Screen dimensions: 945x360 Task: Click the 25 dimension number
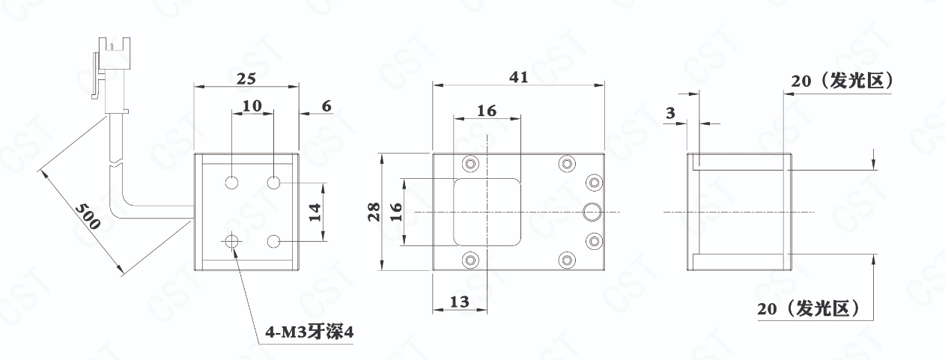[246, 79]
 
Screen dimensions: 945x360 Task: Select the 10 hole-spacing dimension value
[252, 106]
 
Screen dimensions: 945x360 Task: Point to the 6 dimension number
[326, 106]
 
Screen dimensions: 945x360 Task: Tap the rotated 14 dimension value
[315, 213]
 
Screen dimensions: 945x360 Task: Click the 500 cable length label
[88, 216]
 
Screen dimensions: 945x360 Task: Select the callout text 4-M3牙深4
[309, 332]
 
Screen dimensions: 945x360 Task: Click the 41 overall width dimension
[518, 77]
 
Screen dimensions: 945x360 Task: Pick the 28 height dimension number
[374, 212]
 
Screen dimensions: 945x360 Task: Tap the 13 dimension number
[460, 302]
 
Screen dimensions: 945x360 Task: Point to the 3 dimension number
[670, 113]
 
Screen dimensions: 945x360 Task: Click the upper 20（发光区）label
[842, 81]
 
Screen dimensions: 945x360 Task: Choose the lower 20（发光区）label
[808, 309]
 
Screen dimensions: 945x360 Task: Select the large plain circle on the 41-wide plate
[592, 212]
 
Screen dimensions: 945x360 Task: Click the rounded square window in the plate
[487, 212]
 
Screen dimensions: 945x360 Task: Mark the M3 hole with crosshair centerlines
[231, 242]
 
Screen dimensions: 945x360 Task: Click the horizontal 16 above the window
[487, 111]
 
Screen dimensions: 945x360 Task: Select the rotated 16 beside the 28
[395, 212]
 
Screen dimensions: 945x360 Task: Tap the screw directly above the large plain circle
[594, 183]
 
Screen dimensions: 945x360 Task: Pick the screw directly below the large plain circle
[594, 241]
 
